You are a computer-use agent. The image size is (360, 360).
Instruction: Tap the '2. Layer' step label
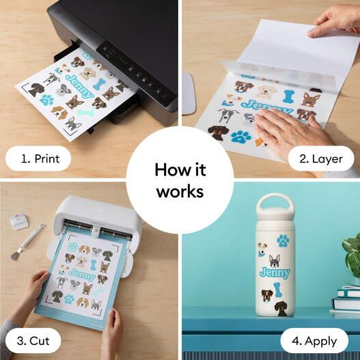(320, 159)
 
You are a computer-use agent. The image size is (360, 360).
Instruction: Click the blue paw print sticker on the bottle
(283, 240)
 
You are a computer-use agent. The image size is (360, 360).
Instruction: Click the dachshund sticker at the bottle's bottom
(281, 307)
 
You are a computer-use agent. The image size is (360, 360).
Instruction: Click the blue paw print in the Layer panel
(240, 136)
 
